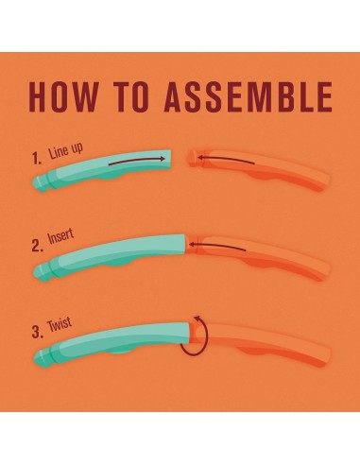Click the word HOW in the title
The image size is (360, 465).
pyautogui.click(x=63, y=96)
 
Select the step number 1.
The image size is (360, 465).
pyautogui.click(x=37, y=159)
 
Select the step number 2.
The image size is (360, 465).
pyautogui.click(x=37, y=247)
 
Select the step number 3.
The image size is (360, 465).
pyautogui.click(x=38, y=333)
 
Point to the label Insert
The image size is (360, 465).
pyautogui.click(x=60, y=237)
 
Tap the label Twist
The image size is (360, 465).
pyautogui.click(x=60, y=324)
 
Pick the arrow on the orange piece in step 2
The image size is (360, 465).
pyautogui.click(x=217, y=246)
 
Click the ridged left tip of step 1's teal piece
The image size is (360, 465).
pyautogui.click(x=41, y=182)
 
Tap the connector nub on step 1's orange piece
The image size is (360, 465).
pyautogui.click(x=192, y=157)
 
